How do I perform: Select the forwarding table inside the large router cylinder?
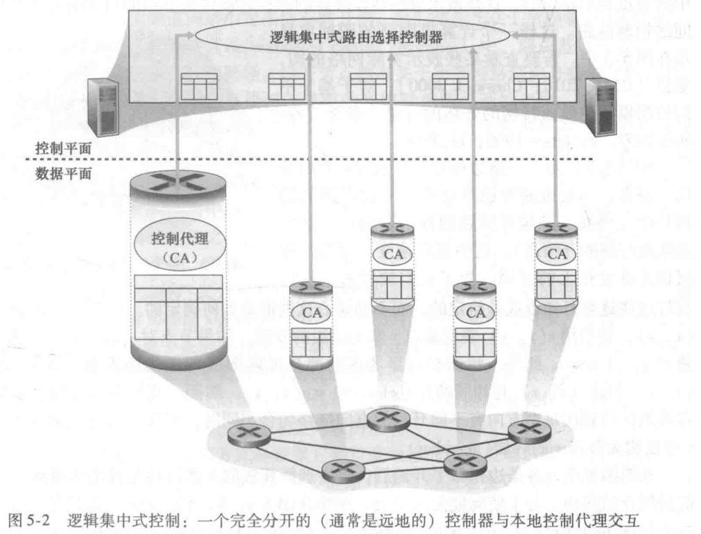click(178, 306)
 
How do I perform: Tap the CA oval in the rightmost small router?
click(557, 254)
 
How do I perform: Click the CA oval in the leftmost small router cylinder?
click(311, 313)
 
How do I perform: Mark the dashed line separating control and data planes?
click(347, 161)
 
